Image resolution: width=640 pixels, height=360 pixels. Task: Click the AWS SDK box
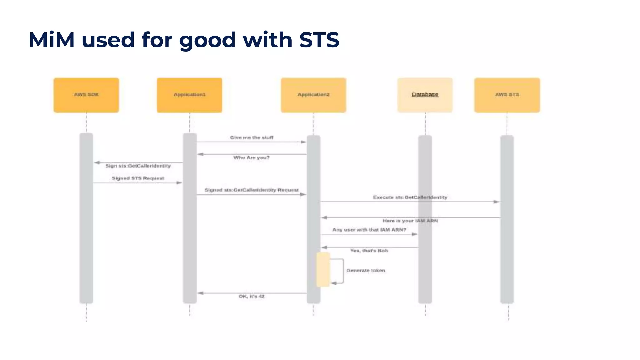coord(86,95)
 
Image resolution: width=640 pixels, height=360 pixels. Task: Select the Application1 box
coord(189,95)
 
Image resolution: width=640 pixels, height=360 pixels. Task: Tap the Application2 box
coord(313,95)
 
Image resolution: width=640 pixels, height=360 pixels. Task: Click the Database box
coord(425,95)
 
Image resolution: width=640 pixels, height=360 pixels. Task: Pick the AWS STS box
coord(507,95)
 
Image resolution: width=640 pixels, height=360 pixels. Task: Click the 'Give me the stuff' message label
coord(252,137)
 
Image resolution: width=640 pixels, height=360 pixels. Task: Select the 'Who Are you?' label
coord(251,157)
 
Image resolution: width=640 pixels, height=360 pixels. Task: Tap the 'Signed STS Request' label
coord(138,178)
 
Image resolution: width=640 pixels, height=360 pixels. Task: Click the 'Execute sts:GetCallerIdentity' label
coord(410,197)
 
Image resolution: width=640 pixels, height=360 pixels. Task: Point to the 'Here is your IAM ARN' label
coord(410,221)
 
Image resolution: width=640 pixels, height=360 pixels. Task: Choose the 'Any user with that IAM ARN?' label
coord(369,230)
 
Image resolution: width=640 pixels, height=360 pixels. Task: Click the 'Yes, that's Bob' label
coord(369,251)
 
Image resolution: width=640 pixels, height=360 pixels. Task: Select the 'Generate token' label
coord(366,271)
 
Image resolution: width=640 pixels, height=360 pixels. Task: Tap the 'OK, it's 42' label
coord(252,296)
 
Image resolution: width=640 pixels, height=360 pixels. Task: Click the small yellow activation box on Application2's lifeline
coord(323,270)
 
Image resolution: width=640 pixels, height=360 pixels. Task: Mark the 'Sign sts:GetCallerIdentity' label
coord(138,166)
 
